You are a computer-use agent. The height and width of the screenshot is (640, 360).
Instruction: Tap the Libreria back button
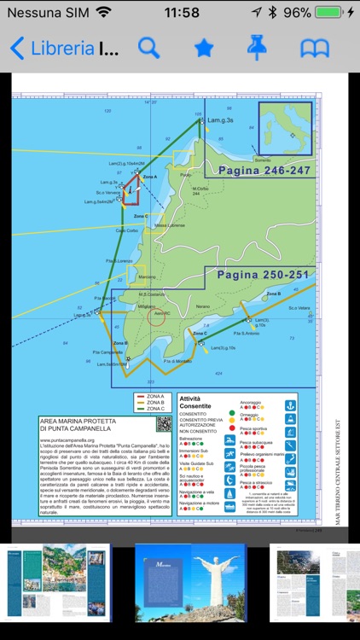tap(51, 48)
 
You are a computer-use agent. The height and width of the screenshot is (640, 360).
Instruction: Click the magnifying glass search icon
tap(149, 48)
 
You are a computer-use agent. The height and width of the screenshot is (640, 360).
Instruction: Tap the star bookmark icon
tap(203, 48)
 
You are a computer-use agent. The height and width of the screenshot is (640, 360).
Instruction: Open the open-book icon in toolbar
tap(315, 48)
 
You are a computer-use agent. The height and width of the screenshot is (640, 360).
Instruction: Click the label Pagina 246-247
tap(264, 171)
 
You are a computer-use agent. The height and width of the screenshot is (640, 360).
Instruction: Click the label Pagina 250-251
tap(262, 275)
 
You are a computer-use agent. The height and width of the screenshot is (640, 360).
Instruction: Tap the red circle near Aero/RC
tap(157, 317)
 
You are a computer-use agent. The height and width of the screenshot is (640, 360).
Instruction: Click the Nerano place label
tap(203, 305)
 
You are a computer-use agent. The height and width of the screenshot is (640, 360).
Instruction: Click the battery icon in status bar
tap(333, 13)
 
